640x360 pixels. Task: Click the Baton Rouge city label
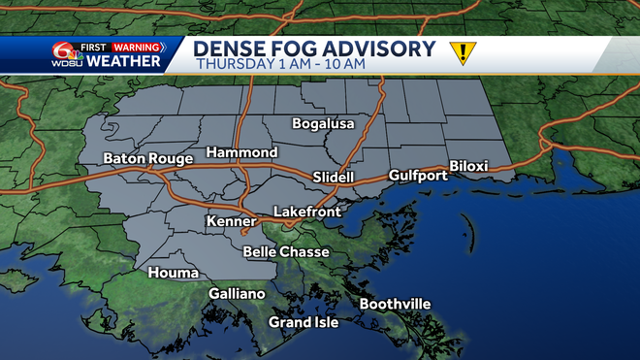point(139,158)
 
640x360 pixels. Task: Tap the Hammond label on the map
point(240,152)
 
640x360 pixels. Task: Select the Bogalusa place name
point(325,123)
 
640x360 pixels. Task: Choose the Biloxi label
point(468,166)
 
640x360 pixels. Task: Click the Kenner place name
point(230,222)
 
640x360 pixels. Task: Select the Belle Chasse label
point(286,251)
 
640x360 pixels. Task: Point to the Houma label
point(173,273)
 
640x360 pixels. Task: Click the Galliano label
point(237,293)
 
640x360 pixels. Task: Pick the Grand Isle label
point(304,322)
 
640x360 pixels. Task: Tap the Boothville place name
point(395,304)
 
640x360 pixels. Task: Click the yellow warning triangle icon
point(463,53)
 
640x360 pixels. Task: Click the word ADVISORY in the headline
point(379,48)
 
